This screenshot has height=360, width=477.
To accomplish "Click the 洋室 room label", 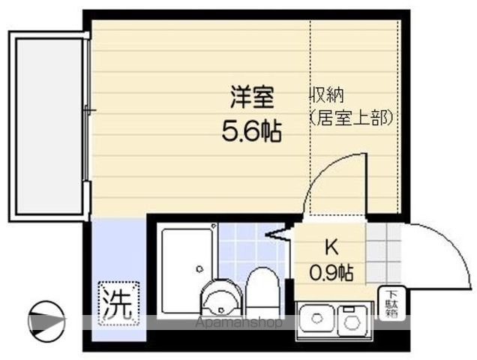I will (x=251, y=97).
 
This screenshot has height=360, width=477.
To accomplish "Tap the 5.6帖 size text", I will (x=251, y=132).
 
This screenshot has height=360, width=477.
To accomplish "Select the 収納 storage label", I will (x=329, y=97).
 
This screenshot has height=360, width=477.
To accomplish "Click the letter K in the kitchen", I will (x=331, y=248).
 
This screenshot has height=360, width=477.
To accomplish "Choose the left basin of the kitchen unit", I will (x=316, y=320).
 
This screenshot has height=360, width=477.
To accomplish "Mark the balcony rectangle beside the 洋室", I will (x=48, y=126).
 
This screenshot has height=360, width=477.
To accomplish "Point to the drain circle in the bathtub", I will (x=199, y=268).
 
